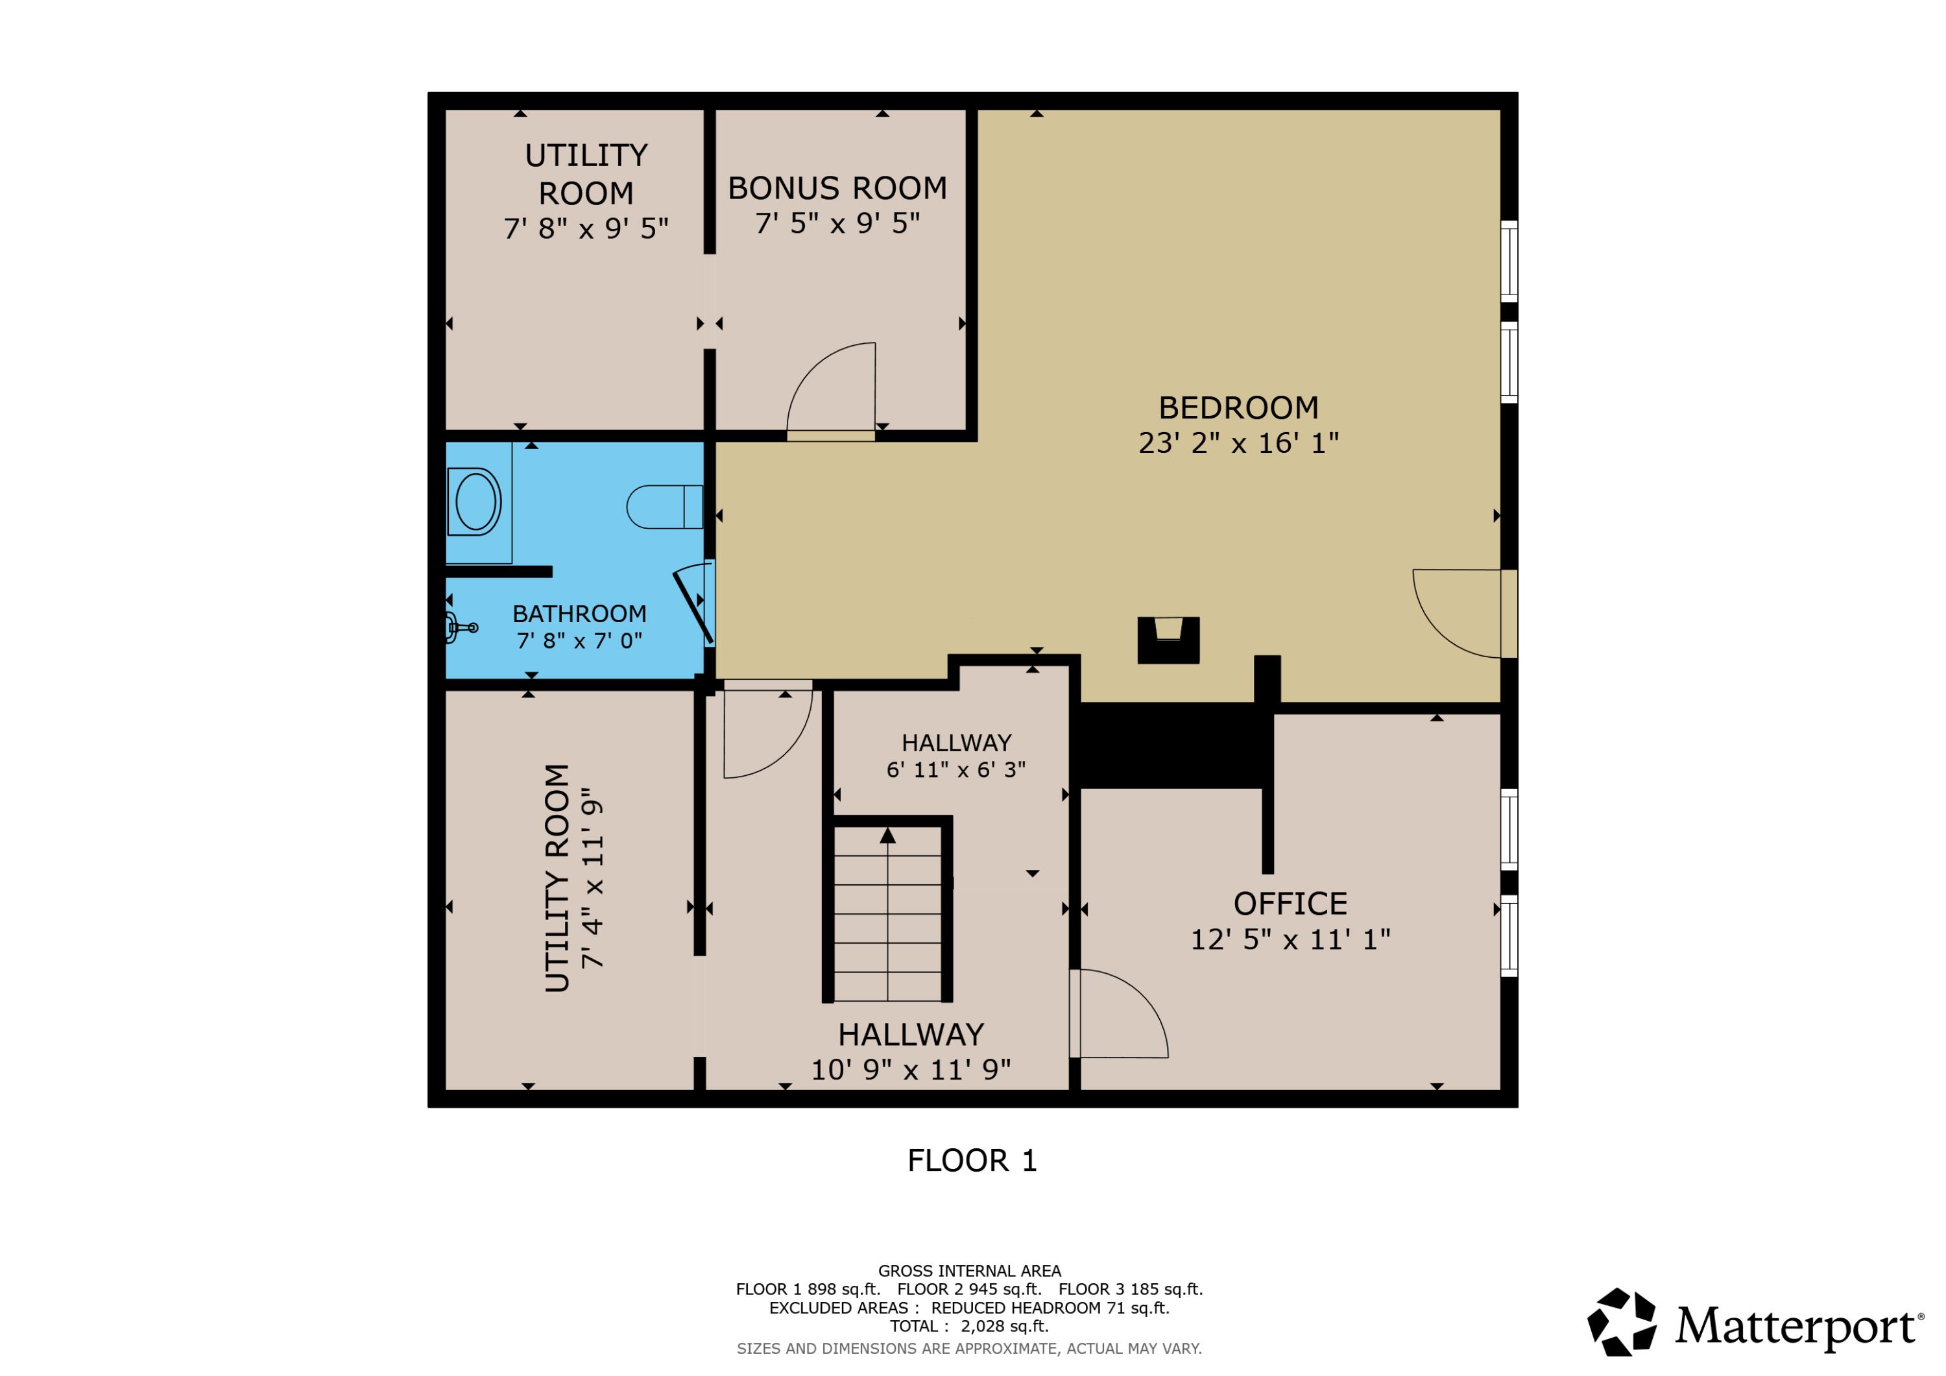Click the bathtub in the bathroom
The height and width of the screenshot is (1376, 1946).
pos(475,502)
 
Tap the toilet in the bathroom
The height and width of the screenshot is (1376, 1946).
pos(664,507)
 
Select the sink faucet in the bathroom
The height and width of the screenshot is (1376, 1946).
pos(462,628)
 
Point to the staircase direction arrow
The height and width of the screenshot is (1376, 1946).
pos(887,837)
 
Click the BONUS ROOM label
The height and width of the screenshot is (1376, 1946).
pos(837,188)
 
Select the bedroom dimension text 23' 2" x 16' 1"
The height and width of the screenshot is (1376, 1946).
pos(1238,442)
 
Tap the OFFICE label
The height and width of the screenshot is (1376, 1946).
pos(1290,904)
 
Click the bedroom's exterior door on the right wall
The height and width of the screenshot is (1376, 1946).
pos(1509,614)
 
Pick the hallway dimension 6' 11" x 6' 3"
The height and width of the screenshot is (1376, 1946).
pos(956,770)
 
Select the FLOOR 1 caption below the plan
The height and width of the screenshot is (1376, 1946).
pos(972,1161)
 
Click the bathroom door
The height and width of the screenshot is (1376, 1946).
pos(693,606)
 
